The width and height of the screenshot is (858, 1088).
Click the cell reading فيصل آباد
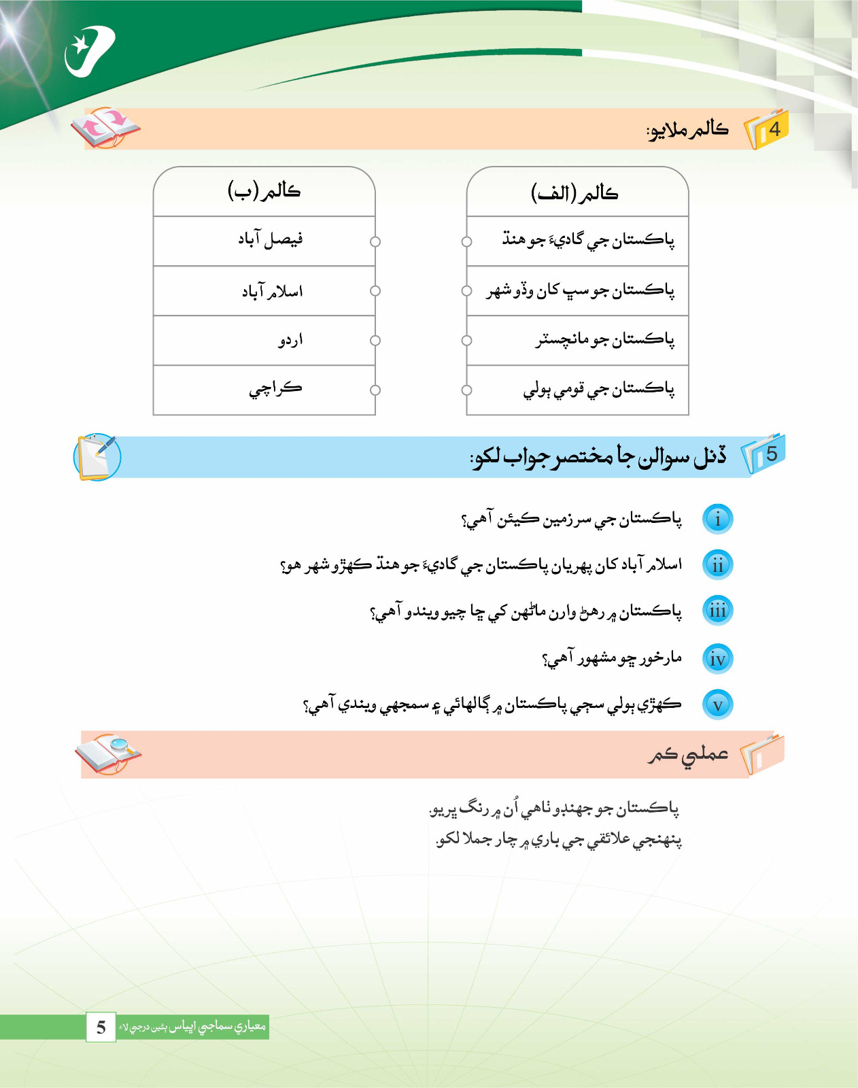pos(264,241)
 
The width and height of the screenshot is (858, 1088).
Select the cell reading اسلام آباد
pos(264,291)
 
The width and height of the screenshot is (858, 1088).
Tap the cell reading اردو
pos(264,340)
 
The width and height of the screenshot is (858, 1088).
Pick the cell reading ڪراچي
pos(264,390)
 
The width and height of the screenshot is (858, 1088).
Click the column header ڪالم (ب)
pos(264,191)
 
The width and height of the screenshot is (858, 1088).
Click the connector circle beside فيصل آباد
pos(375,241)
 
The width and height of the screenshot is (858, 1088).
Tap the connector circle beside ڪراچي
pos(375,390)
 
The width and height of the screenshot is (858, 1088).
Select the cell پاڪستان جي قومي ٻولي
pos(578,390)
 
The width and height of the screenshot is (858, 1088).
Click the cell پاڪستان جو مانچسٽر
pos(578,340)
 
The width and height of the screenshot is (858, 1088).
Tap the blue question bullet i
pos(717,519)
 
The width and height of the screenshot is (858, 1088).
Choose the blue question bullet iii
pos(717,611)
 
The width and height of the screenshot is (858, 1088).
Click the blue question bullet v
pos(717,704)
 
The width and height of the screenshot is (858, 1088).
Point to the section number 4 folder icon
pos(767,129)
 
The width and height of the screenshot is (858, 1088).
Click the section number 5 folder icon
pos(763,454)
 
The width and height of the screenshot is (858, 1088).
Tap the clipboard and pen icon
pos(97,456)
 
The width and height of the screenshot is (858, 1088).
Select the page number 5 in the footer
pos(101,1027)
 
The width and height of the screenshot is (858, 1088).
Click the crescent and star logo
pos(89,52)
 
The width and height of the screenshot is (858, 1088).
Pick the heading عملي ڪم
pos(687,755)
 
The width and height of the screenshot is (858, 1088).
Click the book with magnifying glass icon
pos(108,753)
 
